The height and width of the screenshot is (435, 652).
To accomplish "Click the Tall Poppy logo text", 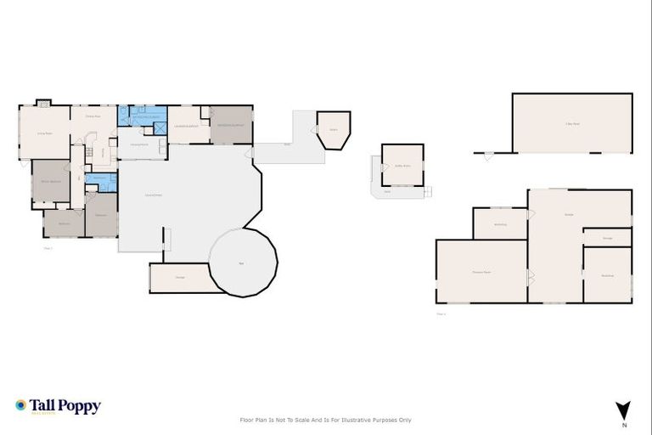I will click(65, 406).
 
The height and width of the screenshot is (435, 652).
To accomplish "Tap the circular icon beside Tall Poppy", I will click(21, 406).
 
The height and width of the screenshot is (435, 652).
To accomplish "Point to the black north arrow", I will click(623, 409).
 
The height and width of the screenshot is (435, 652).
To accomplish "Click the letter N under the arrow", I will click(623, 424).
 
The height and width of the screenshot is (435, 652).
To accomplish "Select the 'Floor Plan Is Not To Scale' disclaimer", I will click(325, 420).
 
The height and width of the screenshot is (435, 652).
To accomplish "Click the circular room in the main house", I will click(243, 263).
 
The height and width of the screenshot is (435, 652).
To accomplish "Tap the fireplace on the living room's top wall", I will click(44, 103).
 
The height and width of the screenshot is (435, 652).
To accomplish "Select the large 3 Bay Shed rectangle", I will click(572, 123).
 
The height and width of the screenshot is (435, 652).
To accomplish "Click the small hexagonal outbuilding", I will click(333, 129).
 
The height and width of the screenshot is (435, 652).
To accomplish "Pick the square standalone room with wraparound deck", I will click(402, 165).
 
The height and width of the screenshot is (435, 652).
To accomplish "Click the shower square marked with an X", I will click(159, 127).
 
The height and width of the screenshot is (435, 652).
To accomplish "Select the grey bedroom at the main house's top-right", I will click(231, 125).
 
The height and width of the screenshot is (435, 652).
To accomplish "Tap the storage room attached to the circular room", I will click(180, 278).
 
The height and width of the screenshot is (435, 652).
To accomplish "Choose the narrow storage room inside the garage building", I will click(607, 237).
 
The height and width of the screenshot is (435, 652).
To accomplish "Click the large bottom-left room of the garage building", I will click(481, 271).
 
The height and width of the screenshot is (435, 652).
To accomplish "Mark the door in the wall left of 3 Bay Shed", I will click(488, 155).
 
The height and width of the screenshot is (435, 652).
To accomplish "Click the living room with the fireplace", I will click(44, 133).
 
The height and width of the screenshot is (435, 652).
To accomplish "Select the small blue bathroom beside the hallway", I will click(101, 181).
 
